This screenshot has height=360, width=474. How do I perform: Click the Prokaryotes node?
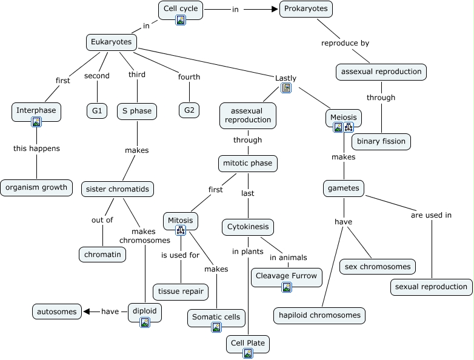(x=306, y=9)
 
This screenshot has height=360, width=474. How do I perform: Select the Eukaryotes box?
(x=112, y=42)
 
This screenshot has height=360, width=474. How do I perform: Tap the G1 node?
(x=96, y=111)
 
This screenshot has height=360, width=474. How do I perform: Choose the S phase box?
(x=137, y=111)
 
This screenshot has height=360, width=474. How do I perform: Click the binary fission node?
(x=381, y=142)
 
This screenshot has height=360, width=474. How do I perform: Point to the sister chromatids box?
(x=118, y=189)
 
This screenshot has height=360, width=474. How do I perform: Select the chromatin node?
(x=102, y=254)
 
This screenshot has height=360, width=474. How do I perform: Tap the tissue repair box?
(x=181, y=292)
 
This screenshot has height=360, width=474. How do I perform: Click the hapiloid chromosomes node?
(x=320, y=315)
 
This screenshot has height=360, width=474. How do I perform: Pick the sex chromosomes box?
(x=378, y=266)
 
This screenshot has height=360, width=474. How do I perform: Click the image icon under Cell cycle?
(x=181, y=20)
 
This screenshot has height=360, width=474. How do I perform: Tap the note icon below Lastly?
(x=286, y=88)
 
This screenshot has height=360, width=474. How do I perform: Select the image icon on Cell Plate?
(x=247, y=354)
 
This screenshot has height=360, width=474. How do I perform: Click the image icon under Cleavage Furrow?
(x=287, y=287)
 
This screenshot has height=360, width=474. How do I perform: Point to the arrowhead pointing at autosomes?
(x=87, y=312)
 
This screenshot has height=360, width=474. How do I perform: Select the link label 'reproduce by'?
(x=345, y=43)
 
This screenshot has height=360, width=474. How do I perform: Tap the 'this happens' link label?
(x=37, y=148)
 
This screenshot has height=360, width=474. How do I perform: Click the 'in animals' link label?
(x=289, y=258)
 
